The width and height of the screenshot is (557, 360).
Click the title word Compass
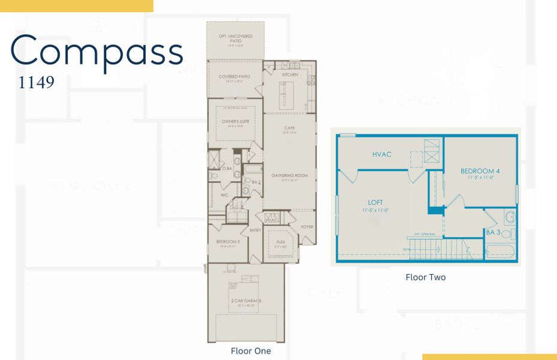pyautogui.click(x=97, y=52)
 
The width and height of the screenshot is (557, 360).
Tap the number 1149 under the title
pyautogui.click(x=37, y=82)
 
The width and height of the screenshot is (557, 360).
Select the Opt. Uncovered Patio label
pyautogui.click(x=234, y=37)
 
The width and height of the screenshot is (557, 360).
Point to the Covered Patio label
pyautogui.click(x=234, y=77)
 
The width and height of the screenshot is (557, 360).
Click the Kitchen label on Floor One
pyautogui.click(x=290, y=75)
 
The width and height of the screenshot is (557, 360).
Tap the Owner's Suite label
pyautogui.click(x=234, y=121)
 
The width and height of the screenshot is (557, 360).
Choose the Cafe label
pyautogui.click(x=290, y=128)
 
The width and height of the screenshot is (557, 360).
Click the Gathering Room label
pyautogui.click(x=290, y=176)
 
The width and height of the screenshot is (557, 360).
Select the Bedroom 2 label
pyautogui.click(x=228, y=242)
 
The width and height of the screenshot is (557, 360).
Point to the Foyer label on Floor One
pyautogui.click(x=307, y=227)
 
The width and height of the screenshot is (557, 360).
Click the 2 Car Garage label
pyautogui.click(x=245, y=301)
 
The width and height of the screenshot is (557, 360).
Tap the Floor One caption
pyautogui.click(x=251, y=351)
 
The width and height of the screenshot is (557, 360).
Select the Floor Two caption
pyautogui.click(x=425, y=277)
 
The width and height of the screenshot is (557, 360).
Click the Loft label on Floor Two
pyautogui.click(x=375, y=203)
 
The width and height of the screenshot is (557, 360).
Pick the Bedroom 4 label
pyautogui.click(x=480, y=171)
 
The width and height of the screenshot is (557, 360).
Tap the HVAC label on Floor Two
pyautogui.click(x=382, y=154)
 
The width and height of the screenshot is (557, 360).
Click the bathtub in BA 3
pyautogui.click(x=500, y=251)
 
